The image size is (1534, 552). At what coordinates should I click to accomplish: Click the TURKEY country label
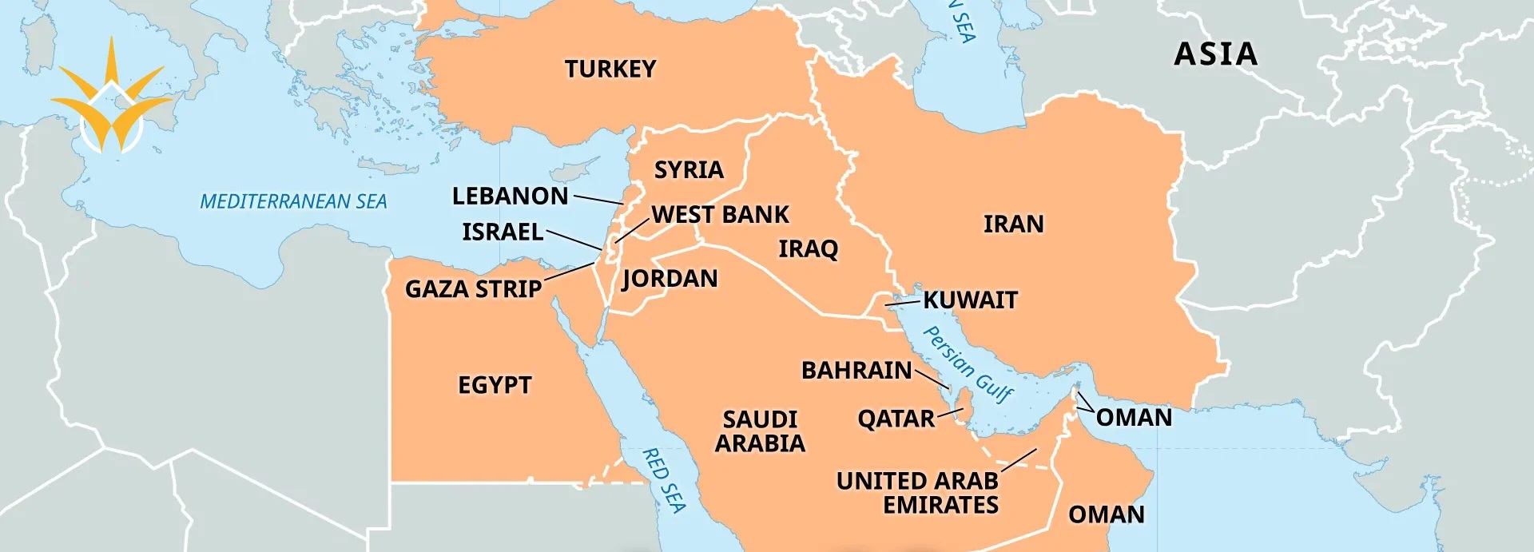point(610,69)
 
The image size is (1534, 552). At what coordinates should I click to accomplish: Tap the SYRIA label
point(689,170)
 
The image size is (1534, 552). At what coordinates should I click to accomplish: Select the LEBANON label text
point(510,196)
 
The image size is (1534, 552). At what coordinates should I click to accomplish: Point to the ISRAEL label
point(503,232)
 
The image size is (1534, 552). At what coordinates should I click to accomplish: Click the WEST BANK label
point(720,215)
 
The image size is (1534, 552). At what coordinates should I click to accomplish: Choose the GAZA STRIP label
point(473,288)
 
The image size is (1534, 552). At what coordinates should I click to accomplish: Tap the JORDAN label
point(670,279)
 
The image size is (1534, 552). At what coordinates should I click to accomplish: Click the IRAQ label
point(808,249)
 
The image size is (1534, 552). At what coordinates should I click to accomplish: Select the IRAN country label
point(1013,224)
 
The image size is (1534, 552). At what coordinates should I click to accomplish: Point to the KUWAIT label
point(970,300)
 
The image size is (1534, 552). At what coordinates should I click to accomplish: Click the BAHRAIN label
point(856,371)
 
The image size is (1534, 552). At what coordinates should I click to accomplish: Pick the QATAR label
point(896,419)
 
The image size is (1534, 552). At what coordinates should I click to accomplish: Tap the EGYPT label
point(495,385)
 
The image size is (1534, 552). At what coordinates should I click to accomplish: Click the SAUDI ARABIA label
point(760,431)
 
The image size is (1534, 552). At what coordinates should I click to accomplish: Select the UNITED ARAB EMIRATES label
point(917,493)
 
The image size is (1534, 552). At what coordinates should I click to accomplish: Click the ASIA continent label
point(1215,54)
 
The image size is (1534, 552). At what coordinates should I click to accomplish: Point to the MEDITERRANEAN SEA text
point(293,201)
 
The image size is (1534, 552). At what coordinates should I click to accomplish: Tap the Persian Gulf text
point(968,363)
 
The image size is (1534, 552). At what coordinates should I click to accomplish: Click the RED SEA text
point(664,479)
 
